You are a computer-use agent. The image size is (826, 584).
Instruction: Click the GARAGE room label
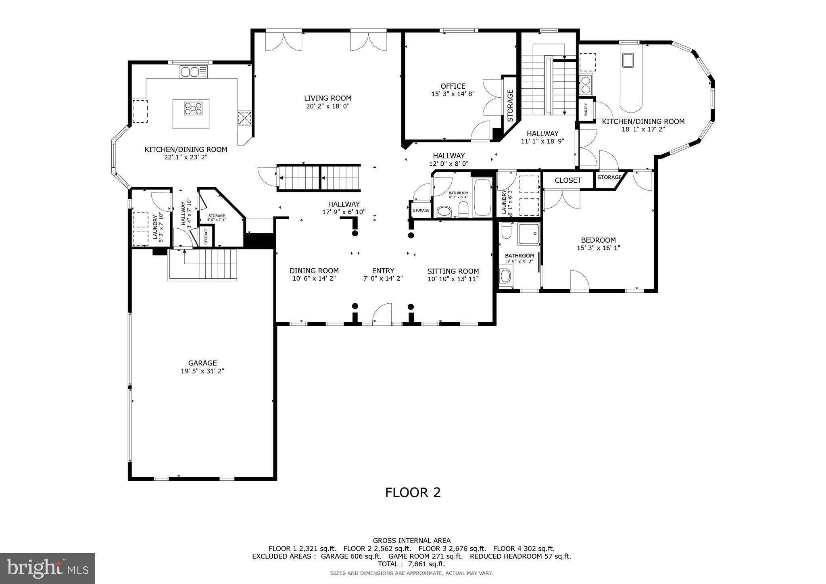tap(202, 363)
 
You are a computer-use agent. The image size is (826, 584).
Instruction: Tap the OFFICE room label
tap(453, 86)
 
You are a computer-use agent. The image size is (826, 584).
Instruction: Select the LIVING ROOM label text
tap(327, 98)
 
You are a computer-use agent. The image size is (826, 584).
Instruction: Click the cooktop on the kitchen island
tap(193, 109)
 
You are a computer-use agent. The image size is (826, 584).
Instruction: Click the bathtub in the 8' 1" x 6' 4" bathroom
tap(482, 198)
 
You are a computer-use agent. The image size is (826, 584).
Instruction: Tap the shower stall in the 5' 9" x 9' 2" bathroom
tap(529, 234)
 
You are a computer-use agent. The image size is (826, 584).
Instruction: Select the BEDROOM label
tap(598, 240)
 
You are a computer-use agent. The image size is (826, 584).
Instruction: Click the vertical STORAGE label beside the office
tap(510, 106)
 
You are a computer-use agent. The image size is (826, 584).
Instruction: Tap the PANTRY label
tap(586, 109)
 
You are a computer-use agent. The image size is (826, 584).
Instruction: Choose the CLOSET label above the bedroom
tap(567, 180)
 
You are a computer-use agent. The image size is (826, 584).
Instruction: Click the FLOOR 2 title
tap(413, 492)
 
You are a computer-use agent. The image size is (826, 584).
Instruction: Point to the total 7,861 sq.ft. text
tap(411, 564)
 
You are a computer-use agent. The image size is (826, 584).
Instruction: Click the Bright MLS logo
tap(47, 568)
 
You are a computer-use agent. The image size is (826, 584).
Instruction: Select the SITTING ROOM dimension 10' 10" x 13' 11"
tap(453, 278)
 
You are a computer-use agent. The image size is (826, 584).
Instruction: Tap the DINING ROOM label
tap(314, 271)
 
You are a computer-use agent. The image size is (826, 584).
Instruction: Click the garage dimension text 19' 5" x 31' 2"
tap(202, 371)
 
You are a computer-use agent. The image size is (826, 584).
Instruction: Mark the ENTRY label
tap(383, 271)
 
